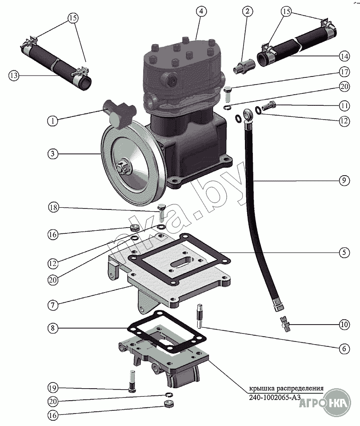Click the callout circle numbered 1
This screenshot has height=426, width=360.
[x=53, y=121]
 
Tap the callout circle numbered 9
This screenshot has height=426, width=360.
[x=343, y=181]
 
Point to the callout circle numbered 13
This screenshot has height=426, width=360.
[x=14, y=76]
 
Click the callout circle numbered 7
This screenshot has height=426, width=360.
[x=53, y=305]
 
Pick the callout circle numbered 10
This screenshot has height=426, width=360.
[x=343, y=325]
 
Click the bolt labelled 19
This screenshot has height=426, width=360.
[x=132, y=381]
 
